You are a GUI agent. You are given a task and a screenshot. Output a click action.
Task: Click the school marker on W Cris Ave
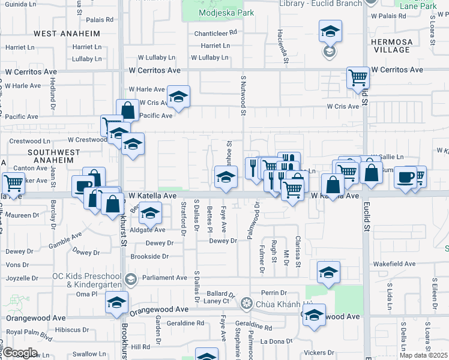click(x=178, y=95)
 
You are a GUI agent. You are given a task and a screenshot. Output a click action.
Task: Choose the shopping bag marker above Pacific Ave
click(x=128, y=110)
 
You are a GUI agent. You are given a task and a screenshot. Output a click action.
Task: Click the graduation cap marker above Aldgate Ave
click(x=151, y=212)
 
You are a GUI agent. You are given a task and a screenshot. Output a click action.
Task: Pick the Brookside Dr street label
click(x=149, y=256)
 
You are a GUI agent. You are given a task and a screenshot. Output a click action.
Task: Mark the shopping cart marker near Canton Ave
click(x=13, y=182)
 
